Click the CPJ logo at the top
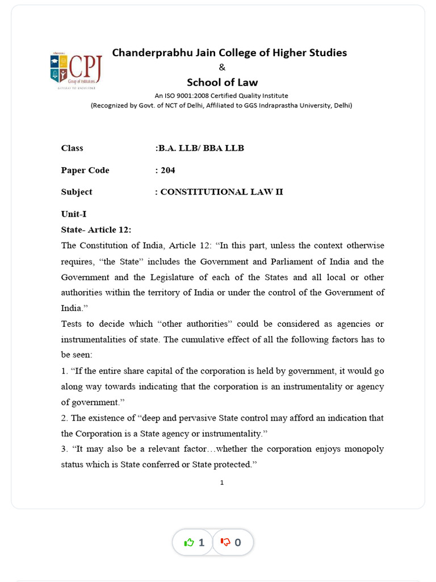click(76, 70)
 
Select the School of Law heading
click(222, 82)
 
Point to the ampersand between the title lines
click(222, 68)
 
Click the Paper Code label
click(85, 170)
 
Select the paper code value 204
click(167, 170)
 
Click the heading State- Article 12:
click(96, 230)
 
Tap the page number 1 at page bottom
click(222, 483)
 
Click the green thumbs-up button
click(193, 542)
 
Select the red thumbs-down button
click(232, 542)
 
